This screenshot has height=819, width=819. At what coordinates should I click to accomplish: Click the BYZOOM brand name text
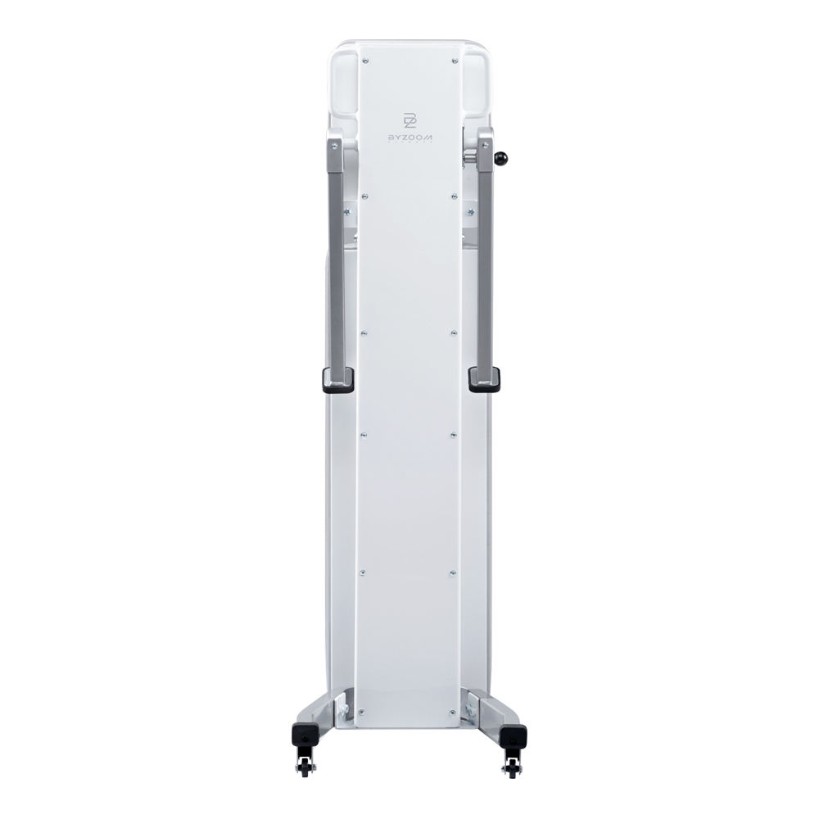pos(409,136)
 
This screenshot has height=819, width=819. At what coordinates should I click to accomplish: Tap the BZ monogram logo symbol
pos(409,120)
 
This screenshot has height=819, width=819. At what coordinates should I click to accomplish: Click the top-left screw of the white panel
pos(364,61)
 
